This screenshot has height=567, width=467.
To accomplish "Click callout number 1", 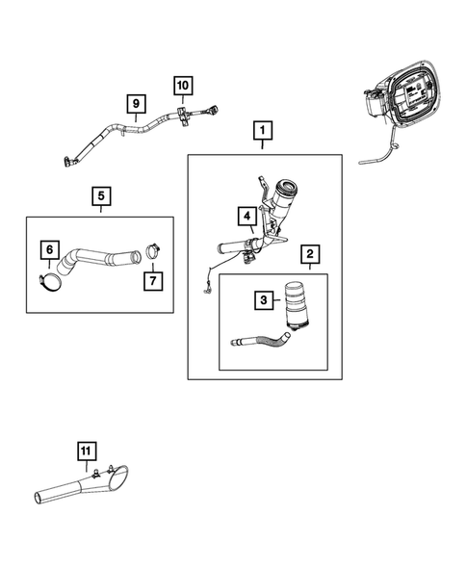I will [x=263, y=129].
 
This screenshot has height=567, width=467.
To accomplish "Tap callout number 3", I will [x=261, y=301].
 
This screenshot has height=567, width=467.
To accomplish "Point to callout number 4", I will [x=246, y=216].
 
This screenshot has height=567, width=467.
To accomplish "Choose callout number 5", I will [x=101, y=197].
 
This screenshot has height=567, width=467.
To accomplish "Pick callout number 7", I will [x=152, y=280].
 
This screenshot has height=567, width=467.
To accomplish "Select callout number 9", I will [x=136, y=102].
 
